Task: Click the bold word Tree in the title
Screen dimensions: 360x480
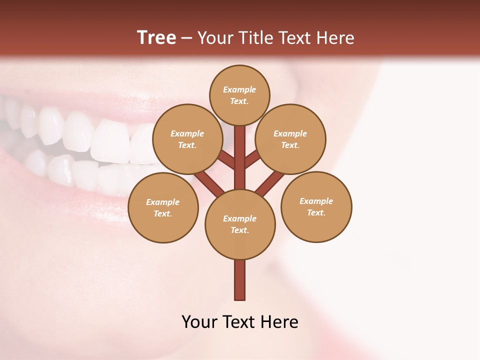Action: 156,37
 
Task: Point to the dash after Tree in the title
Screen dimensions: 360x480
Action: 186,38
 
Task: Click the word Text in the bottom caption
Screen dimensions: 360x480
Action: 240,322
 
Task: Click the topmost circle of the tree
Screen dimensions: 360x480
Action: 239,95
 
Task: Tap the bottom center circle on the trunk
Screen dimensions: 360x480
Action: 240,224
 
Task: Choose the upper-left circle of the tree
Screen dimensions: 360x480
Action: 187,139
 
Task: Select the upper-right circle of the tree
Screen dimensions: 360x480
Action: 290,139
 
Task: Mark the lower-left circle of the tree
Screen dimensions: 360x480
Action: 163,207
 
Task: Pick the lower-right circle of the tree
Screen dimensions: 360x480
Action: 316,206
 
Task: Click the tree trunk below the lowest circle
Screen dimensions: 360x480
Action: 240,280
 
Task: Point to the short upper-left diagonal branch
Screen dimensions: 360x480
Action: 226,159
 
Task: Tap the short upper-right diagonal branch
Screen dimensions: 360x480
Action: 253,159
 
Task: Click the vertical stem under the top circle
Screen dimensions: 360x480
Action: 240,150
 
